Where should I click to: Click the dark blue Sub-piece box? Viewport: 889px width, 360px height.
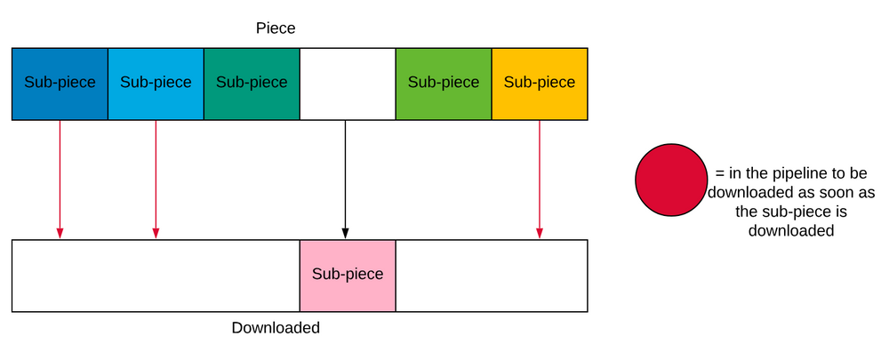(x=60, y=84)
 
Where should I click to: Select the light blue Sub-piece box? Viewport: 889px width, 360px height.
(x=156, y=84)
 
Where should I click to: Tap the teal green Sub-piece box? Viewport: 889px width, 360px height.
(x=252, y=84)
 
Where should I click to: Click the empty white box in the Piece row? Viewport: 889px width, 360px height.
(x=348, y=84)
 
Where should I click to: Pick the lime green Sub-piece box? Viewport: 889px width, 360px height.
(x=444, y=84)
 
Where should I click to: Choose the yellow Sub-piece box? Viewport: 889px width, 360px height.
(x=540, y=84)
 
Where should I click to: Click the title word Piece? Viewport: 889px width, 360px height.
(x=276, y=28)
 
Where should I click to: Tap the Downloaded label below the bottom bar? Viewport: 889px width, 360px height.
(x=276, y=328)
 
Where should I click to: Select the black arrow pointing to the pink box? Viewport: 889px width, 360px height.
(x=345, y=178)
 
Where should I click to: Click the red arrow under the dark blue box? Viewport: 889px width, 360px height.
(x=60, y=178)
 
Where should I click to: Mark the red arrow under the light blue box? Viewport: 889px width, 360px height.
(x=156, y=178)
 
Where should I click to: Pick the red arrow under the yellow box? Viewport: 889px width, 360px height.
(x=540, y=178)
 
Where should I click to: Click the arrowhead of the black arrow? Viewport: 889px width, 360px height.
(x=345, y=234)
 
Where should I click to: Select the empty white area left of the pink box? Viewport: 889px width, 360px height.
(x=156, y=276)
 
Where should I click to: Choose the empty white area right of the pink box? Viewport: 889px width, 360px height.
(x=492, y=276)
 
